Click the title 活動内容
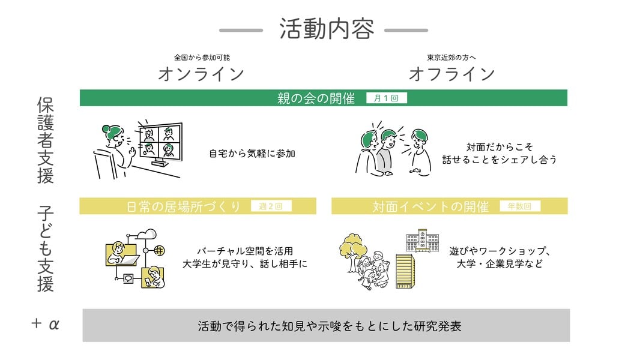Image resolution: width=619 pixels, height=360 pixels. click(327, 29)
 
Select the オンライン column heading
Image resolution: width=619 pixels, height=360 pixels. click(201, 74)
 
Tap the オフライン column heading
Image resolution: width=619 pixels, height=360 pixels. click(451, 74)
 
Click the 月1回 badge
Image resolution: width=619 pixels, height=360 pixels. click(386, 98)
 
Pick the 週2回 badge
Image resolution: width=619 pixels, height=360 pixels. click(271, 206)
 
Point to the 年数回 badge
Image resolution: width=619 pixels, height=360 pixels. click(520, 206)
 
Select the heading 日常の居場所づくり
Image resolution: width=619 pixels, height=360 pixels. click(184, 206)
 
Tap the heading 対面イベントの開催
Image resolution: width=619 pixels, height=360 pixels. click(430, 206)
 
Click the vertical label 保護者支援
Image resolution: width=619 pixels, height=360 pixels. click(45, 140)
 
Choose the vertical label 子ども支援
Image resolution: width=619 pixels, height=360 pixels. click(45, 248)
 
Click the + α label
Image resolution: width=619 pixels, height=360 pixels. click(45, 325)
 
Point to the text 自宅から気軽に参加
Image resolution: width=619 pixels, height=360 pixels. click(252, 154)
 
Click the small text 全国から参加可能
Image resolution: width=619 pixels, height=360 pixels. click(202, 58)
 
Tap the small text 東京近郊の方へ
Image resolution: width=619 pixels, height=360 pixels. click(451, 58)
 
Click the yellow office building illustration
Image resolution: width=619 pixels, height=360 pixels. click(406, 271)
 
